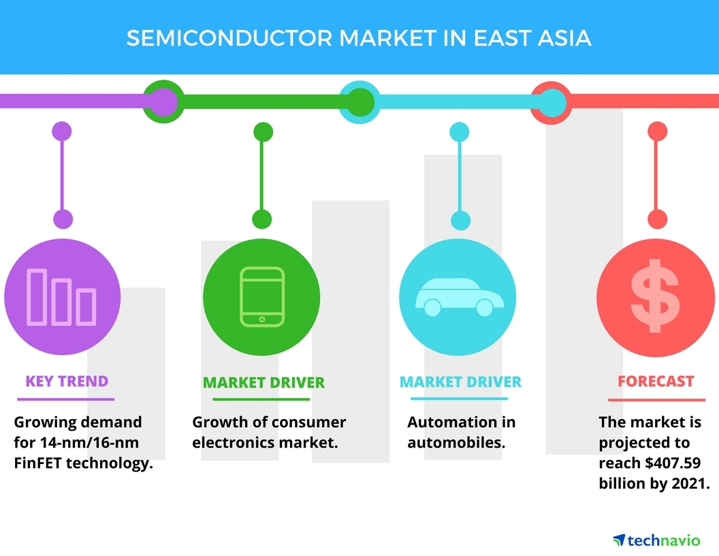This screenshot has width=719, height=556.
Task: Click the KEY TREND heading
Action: click(67, 381)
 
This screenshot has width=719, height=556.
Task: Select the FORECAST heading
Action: click(656, 382)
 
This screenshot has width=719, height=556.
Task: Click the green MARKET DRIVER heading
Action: click(263, 382)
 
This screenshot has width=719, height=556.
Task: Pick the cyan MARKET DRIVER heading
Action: click(460, 382)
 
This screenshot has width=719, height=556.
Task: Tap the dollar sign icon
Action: click(654, 296)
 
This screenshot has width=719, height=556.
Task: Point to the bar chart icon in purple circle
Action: click(61, 297)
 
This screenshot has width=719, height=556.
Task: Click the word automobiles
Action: click(456, 443)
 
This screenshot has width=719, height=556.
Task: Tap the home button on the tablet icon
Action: click(262, 318)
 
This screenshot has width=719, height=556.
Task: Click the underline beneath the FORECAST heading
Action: click(656, 399)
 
